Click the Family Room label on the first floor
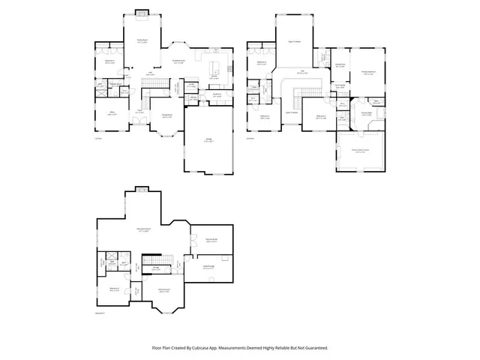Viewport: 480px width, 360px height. pos(141,40)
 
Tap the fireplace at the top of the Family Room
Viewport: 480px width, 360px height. pos(141,13)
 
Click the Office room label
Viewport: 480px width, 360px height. pos(111,113)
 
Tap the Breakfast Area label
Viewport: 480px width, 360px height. pos(180,62)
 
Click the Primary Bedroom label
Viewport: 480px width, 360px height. pos(367,73)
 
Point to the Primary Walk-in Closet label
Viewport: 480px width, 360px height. pos(361,151)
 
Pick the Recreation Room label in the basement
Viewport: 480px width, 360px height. pos(142,230)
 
